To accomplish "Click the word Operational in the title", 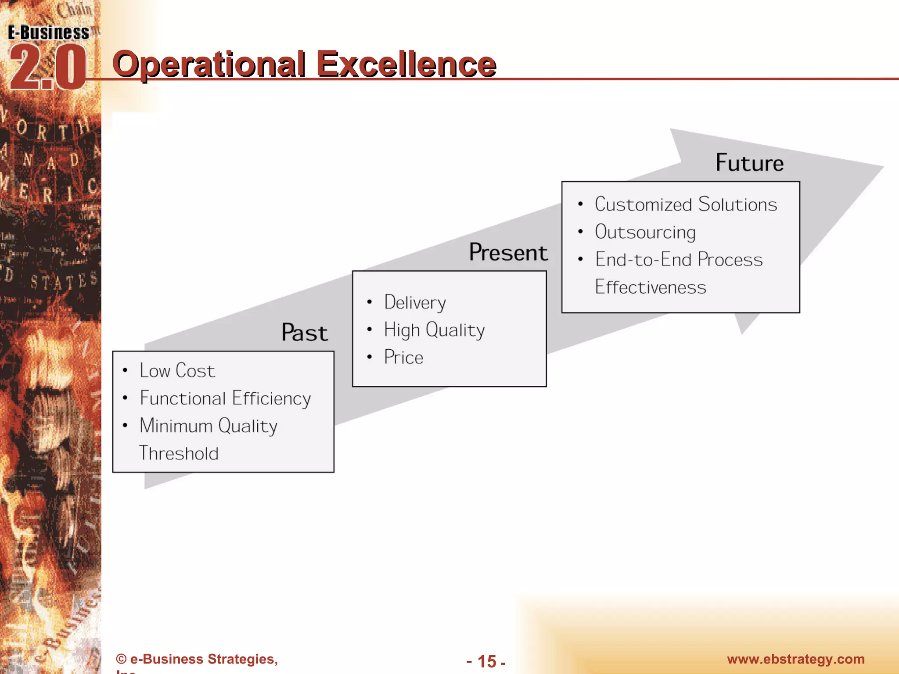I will [x=209, y=65].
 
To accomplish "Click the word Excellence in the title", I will [x=406, y=65].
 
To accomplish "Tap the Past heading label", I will [x=305, y=333].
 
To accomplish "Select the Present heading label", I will [x=508, y=253].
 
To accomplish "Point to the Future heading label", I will [x=749, y=163].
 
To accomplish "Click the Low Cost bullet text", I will [x=177, y=371].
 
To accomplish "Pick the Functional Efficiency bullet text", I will [x=225, y=398].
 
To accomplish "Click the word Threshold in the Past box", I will [x=179, y=454].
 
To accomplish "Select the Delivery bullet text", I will [x=415, y=303].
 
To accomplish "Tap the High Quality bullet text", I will [x=434, y=330].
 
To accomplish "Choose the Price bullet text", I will [x=403, y=358].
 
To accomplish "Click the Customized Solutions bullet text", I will [x=686, y=204].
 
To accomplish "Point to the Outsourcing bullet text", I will [x=645, y=232].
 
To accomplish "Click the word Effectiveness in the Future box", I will [x=650, y=287].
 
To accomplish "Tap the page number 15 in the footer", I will [x=486, y=661].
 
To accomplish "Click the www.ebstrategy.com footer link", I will [x=795, y=659].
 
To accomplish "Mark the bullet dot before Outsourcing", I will [x=580, y=232].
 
